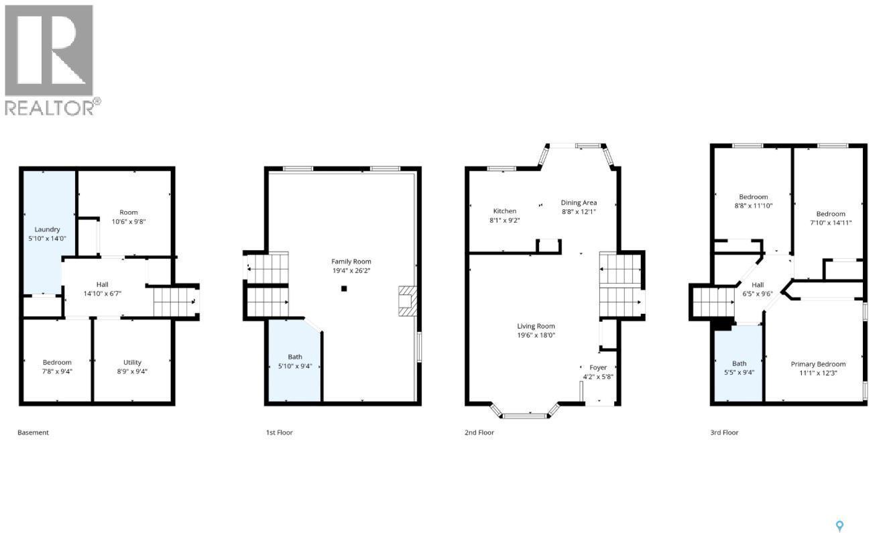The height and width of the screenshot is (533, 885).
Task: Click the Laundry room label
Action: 47,229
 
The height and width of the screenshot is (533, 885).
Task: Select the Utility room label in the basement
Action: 132,362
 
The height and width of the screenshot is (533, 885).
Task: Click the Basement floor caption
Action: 33,432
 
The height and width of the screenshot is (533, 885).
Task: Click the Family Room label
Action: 351,261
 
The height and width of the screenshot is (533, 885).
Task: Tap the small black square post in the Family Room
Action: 344,289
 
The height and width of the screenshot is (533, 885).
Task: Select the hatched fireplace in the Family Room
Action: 406,301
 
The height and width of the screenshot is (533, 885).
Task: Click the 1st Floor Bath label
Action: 295,357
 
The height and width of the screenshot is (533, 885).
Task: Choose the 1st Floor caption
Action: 279,432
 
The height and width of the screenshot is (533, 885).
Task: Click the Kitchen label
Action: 505,211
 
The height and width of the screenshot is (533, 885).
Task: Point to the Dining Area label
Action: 579,202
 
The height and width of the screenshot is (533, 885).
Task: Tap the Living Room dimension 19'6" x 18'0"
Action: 536,335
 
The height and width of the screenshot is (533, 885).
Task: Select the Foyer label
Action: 597,367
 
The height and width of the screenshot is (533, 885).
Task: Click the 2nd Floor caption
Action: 479,432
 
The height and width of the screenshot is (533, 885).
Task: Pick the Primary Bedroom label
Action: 818,364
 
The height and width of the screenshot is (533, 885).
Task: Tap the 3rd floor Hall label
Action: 758,285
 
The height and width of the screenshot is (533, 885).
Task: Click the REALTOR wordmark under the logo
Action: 49,107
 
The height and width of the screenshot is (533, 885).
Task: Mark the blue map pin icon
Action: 841,526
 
